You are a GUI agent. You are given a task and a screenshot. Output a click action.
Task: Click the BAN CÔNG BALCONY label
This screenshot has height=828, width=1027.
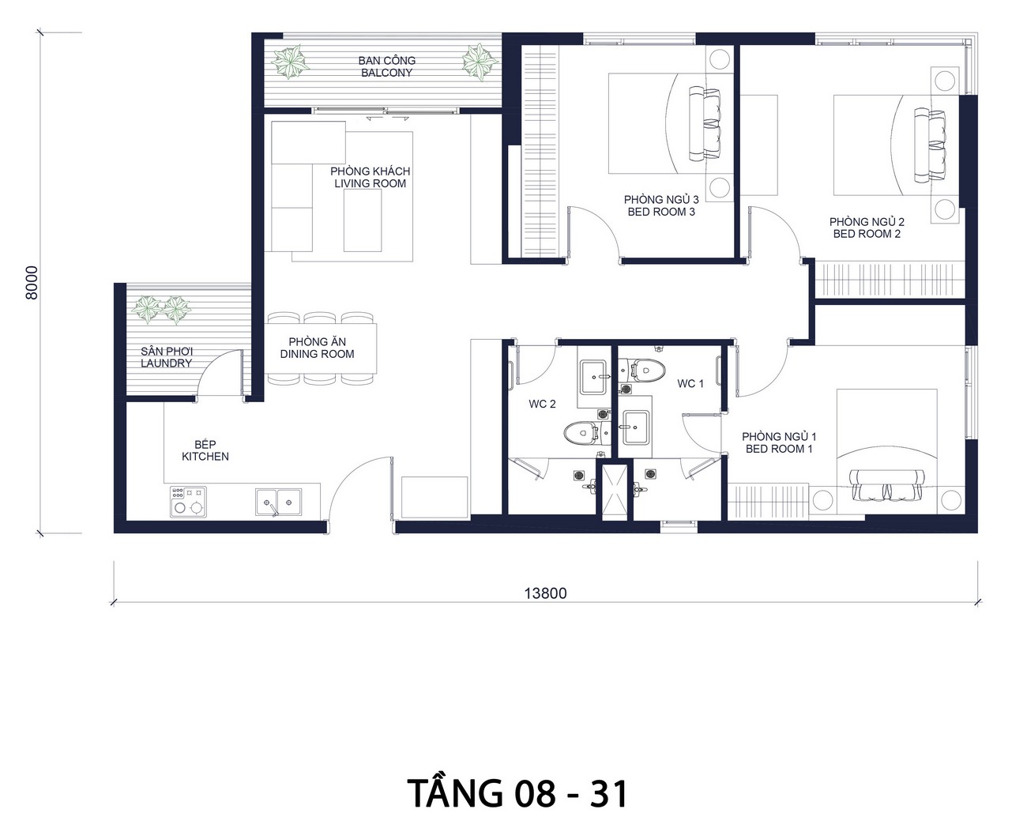386,67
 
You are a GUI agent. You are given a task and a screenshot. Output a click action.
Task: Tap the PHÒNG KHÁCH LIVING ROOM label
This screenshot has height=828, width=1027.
370,178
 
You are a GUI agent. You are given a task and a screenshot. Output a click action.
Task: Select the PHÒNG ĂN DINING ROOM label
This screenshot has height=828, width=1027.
317,348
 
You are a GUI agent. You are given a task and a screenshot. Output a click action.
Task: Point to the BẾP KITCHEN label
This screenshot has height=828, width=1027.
205,450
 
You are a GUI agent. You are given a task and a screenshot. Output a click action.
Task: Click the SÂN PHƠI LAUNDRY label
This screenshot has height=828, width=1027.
167,357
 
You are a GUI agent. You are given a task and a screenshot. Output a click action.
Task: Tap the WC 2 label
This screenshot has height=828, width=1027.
542,405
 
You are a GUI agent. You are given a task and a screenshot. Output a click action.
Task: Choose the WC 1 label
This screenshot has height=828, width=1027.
690,384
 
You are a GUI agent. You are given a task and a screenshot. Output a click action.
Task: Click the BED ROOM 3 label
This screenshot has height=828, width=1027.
661,212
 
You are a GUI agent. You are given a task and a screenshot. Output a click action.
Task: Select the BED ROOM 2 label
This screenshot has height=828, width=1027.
867,234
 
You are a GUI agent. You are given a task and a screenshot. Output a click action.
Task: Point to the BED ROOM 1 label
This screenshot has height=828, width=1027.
779,449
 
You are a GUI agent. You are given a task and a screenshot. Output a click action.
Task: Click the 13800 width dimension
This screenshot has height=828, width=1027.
545,593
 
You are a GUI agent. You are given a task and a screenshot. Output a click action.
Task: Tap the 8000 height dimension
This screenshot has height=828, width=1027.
32,283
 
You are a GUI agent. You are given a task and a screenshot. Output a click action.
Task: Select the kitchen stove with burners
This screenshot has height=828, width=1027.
189,502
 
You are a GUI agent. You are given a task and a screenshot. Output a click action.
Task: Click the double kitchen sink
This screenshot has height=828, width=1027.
278,502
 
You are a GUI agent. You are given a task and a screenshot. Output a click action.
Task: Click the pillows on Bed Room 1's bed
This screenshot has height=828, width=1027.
886,485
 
